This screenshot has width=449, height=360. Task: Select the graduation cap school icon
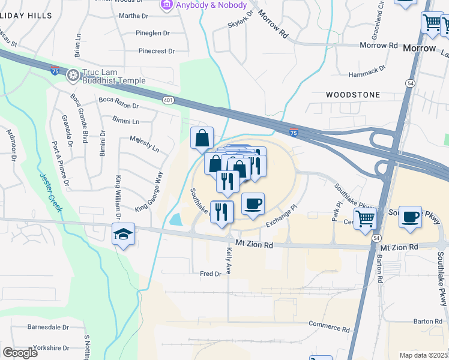pyautogui.click(x=123, y=235)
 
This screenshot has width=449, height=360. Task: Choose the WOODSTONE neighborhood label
pyautogui.click(x=353, y=95)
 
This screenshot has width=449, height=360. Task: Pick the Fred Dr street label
pyautogui.click(x=211, y=274)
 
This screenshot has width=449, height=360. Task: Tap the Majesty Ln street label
pyautogui.click(x=144, y=144)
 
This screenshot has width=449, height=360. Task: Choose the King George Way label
pyautogui.click(x=149, y=191)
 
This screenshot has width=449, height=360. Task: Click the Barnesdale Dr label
pyautogui.click(x=48, y=328)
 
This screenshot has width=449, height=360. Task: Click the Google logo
pyautogui.click(x=20, y=353)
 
